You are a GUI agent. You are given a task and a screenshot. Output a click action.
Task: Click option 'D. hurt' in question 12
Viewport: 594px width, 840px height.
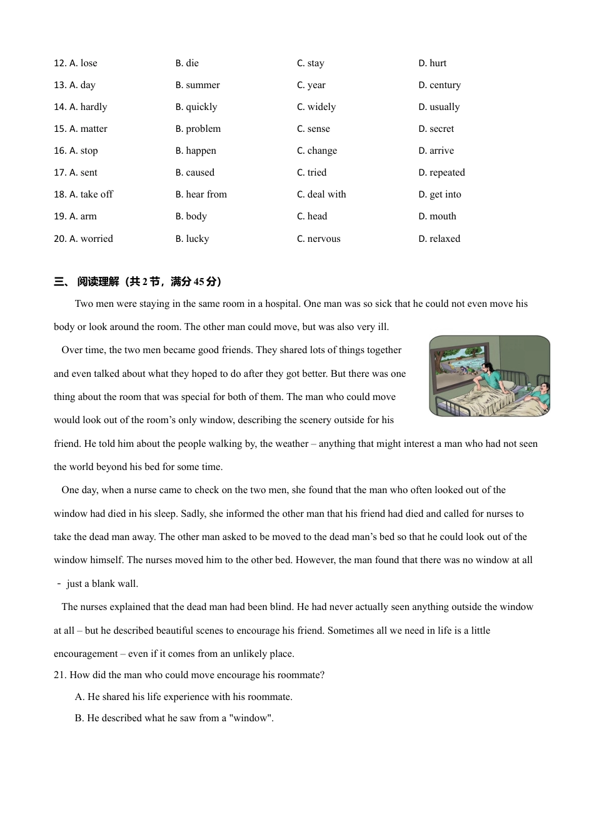[x=432, y=63]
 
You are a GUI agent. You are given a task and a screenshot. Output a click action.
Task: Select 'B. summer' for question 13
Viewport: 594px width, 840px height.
[x=198, y=85]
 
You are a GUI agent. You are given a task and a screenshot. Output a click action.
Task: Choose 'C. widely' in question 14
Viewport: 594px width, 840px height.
[x=316, y=107]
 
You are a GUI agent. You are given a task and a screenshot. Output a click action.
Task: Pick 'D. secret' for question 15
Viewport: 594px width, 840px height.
[x=436, y=129]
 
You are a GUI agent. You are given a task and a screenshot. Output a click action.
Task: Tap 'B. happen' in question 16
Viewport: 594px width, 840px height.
[x=196, y=151]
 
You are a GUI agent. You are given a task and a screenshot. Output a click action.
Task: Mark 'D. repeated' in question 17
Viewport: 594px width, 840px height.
[x=441, y=172]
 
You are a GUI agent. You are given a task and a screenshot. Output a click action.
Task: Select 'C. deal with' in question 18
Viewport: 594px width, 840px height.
[x=321, y=194]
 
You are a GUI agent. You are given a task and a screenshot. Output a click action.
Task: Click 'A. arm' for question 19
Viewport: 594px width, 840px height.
[x=83, y=216]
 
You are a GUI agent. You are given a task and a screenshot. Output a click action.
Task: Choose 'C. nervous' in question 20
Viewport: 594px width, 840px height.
[x=319, y=239]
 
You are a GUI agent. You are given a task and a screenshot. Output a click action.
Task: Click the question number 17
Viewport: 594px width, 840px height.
[x=60, y=172]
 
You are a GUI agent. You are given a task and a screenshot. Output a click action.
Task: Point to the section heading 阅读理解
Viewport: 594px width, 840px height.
[x=98, y=282]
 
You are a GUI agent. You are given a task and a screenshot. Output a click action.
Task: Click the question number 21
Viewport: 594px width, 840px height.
[x=60, y=675]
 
